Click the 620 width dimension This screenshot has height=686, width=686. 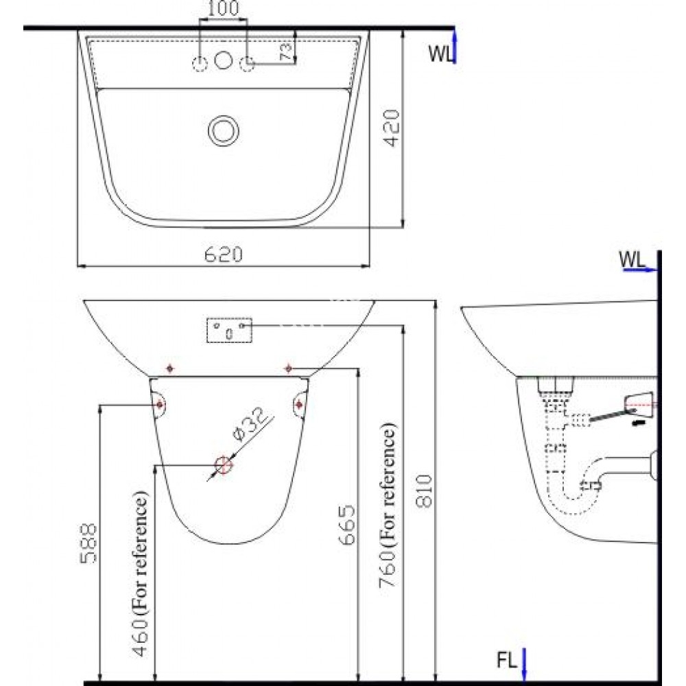223,255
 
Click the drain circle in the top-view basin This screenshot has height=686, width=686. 223,129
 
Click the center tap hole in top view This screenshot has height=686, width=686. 222,60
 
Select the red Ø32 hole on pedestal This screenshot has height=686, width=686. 223,466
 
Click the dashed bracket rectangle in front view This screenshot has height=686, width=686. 230,331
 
